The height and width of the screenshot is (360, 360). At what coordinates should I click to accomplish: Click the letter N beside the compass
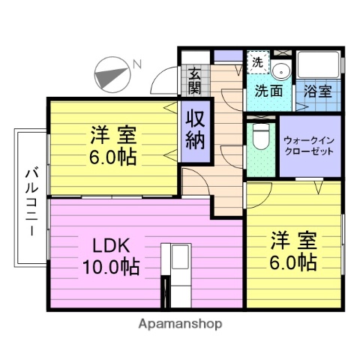point(137,64)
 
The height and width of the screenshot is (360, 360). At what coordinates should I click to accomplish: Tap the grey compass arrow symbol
point(111,75)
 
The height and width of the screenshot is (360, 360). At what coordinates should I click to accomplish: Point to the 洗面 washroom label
point(268,92)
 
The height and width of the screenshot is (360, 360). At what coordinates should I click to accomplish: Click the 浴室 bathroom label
point(318,92)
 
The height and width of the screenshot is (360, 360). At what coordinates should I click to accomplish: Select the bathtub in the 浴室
point(318,68)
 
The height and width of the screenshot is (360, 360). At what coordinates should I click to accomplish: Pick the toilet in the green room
point(259,137)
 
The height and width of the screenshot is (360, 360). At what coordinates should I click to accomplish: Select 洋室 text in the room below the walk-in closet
point(293,241)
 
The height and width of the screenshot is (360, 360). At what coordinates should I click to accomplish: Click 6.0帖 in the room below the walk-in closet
point(293,263)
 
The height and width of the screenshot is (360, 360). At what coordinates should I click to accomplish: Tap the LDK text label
point(111,244)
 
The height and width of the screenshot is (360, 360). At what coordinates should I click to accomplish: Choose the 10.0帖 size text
point(111,267)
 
